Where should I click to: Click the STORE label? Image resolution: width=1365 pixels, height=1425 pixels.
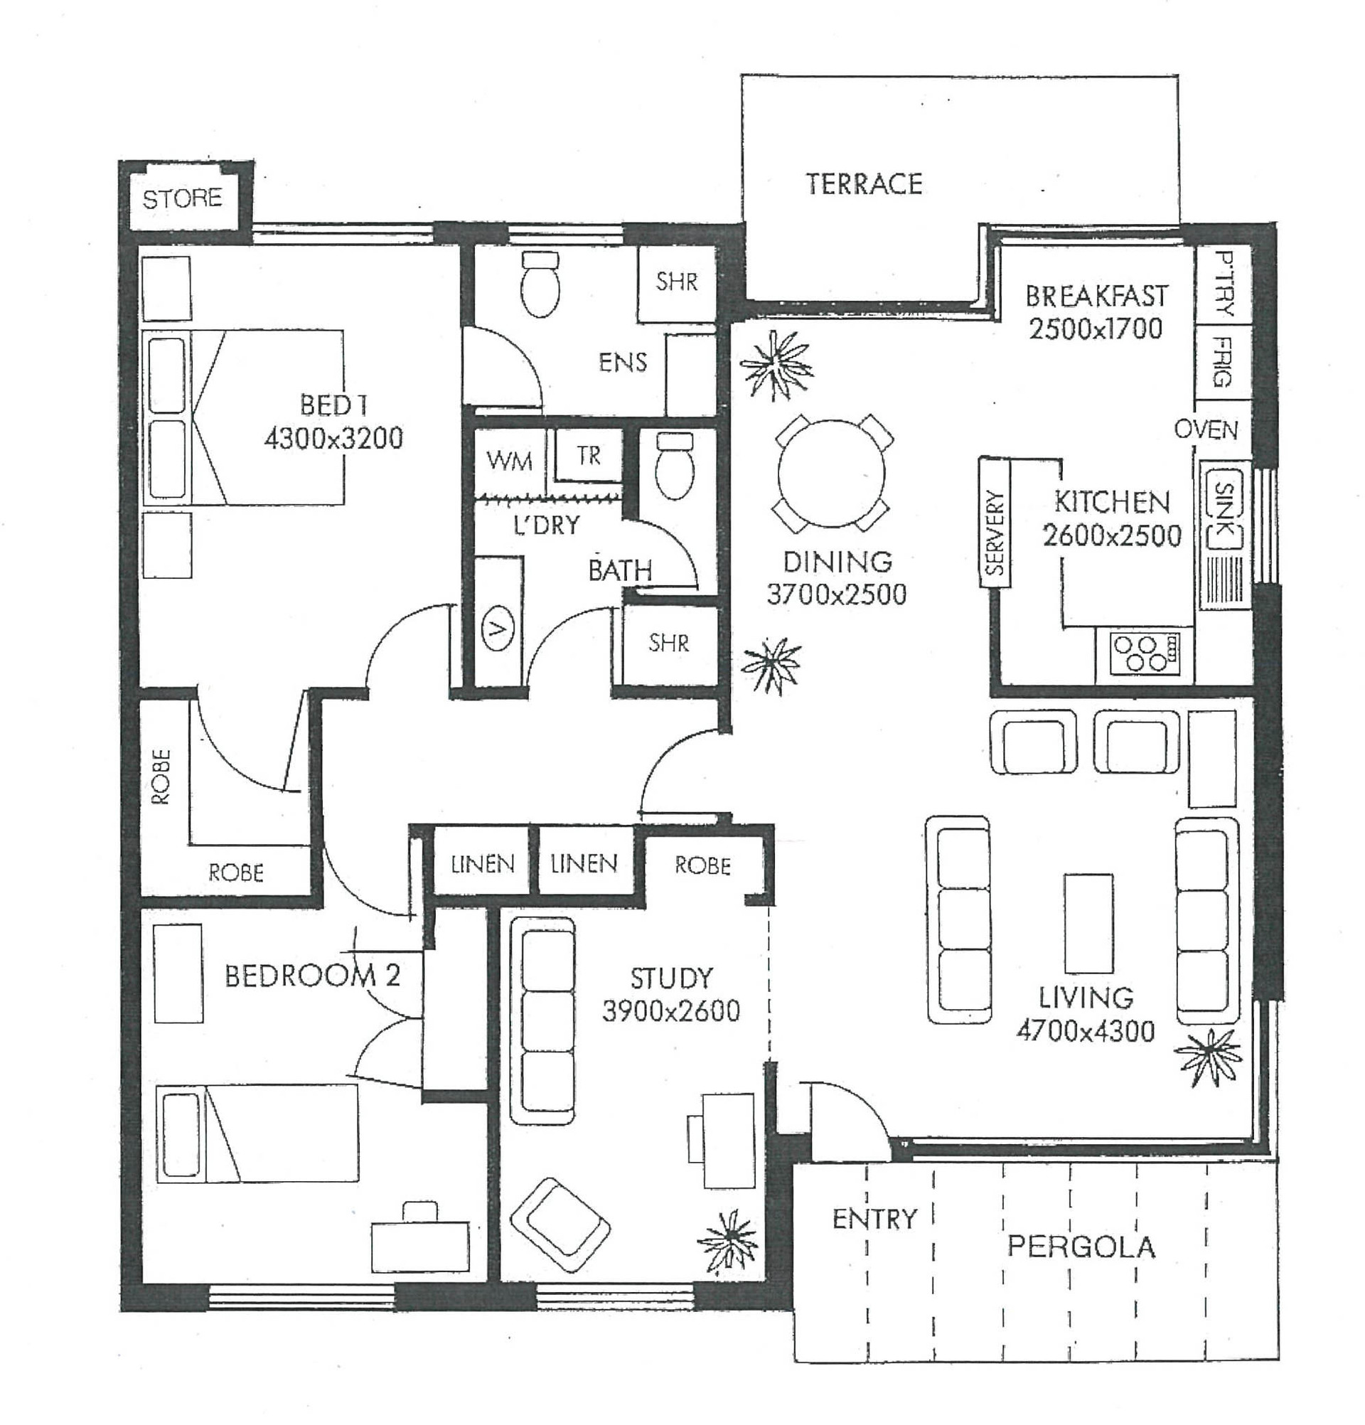point(182,198)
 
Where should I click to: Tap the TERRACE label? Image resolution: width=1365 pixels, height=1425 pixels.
point(864,183)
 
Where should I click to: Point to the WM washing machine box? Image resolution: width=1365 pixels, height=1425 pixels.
point(509,461)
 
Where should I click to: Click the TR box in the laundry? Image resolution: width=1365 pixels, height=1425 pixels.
point(589,456)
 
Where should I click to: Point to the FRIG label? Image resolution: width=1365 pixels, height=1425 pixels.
point(1223,361)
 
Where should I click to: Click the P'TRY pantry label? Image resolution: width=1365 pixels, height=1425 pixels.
point(1224,284)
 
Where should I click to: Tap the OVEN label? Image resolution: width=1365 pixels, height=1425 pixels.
point(1206,429)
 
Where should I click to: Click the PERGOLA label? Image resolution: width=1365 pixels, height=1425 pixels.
point(1081,1248)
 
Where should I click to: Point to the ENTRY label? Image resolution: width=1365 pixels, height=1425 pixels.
point(874,1219)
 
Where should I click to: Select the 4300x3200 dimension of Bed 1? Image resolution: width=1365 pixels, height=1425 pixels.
point(333,439)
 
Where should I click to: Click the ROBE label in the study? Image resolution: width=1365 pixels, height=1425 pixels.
point(702,865)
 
